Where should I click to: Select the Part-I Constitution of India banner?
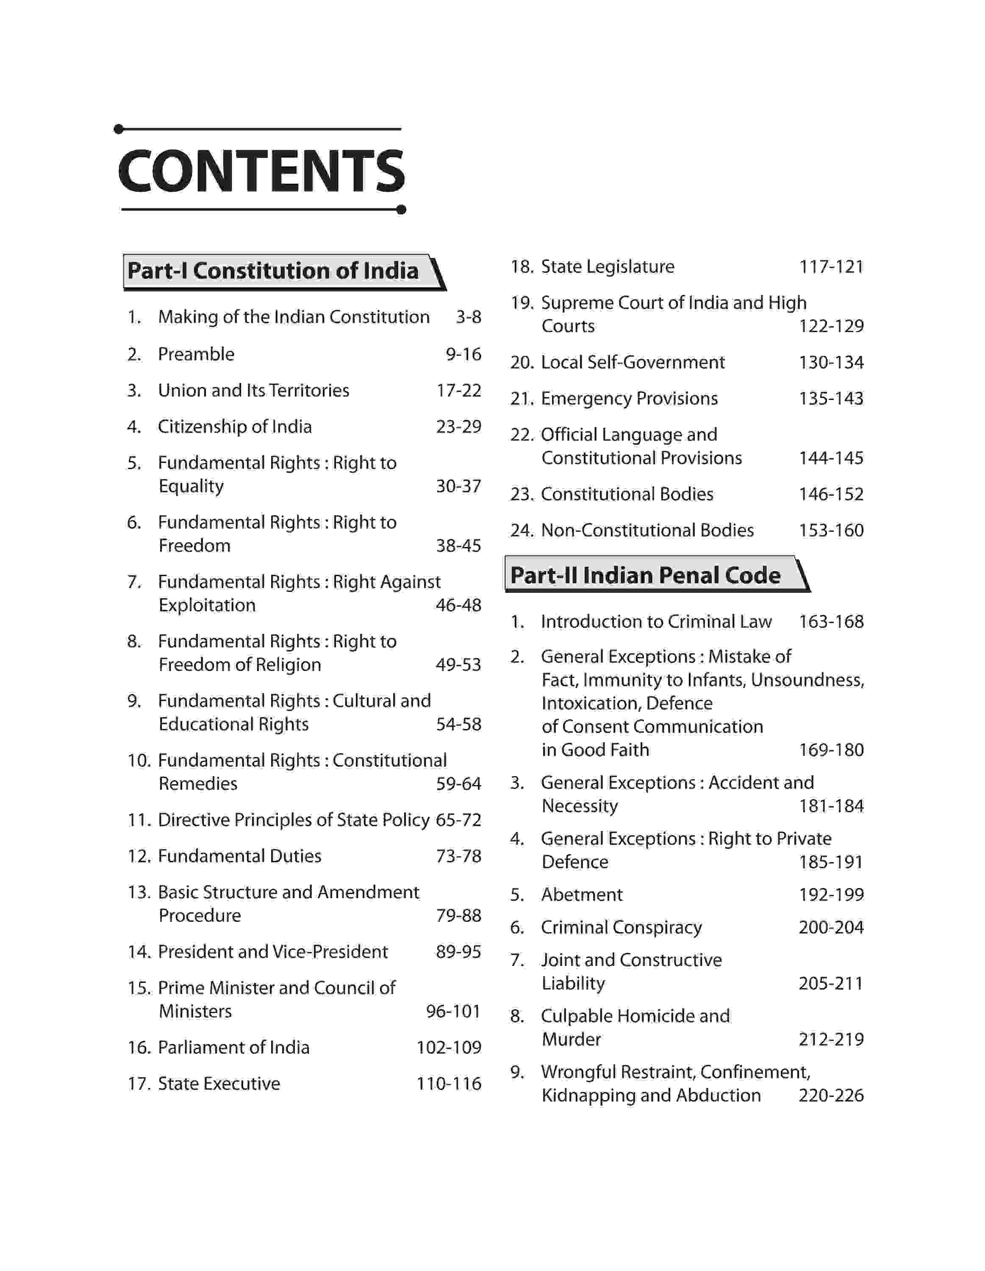coord(273,271)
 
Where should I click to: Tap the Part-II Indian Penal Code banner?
coord(645,575)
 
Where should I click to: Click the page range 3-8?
coord(469,317)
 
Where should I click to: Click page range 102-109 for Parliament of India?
coord(449,1048)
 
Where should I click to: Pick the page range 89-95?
coord(458,952)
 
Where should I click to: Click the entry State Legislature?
coord(608,266)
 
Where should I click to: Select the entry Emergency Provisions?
coord(629,399)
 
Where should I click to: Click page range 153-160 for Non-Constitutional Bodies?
coord(831,530)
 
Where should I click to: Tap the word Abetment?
coord(582,894)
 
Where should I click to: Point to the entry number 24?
coord(521,530)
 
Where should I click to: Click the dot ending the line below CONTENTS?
coord(401,210)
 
